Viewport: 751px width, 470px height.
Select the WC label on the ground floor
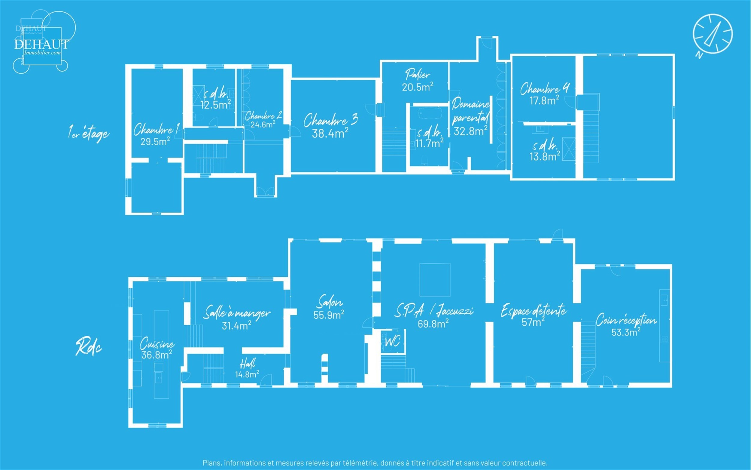[x=392, y=342]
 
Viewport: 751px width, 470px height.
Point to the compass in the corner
[x=713, y=34]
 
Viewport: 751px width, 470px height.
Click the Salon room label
[x=330, y=302]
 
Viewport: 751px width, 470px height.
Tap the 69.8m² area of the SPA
[x=433, y=324]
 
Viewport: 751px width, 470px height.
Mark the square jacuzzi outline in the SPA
[x=435, y=280]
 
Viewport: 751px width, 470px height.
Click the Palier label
[x=417, y=75]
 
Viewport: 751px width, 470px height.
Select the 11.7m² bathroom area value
[x=429, y=144]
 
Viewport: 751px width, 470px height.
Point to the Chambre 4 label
[x=545, y=89]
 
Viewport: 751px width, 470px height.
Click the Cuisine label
[x=157, y=344]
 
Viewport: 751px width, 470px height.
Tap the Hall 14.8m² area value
[x=247, y=374]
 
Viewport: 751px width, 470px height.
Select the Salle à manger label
[x=237, y=313]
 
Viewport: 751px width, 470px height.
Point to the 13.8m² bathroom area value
[x=545, y=156]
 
